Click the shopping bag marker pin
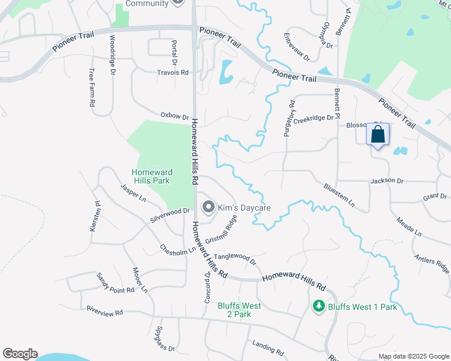coord(378,135)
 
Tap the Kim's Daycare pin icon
coord(208,208)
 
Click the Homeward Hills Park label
coord(151,176)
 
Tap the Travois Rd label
coord(173,72)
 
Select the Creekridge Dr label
coord(318,118)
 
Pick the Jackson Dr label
coord(386,180)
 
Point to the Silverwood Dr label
coord(170,214)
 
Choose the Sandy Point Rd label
coord(115,283)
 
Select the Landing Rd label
coord(268,348)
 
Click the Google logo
coord(20,354)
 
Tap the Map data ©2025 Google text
coord(413,356)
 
